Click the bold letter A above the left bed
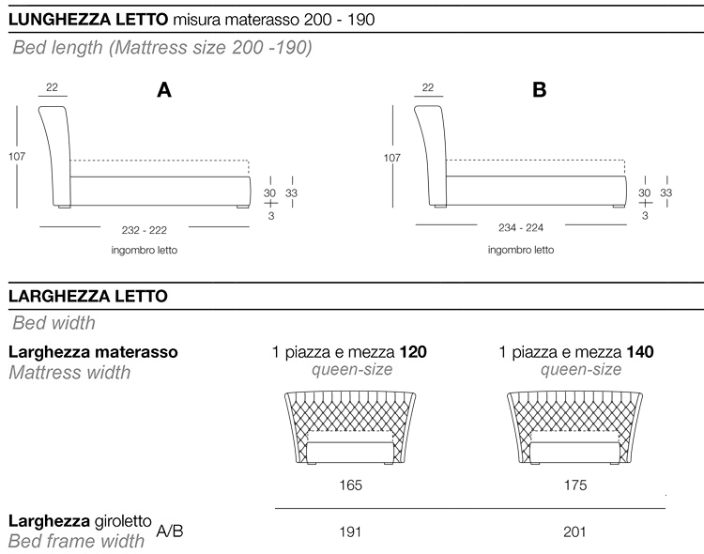tap(164, 91)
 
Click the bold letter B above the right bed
tap(539, 91)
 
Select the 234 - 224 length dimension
tap(520, 227)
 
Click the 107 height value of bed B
tap(391, 157)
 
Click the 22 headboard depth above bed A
tap(52, 88)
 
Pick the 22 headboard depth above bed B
tap(428, 88)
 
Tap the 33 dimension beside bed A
tap(291, 192)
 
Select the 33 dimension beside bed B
tap(666, 192)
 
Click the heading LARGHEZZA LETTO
tap(87, 297)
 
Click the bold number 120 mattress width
tap(414, 353)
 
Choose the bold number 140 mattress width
tap(642, 353)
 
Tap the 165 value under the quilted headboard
tap(350, 485)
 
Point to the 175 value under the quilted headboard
tap(575, 485)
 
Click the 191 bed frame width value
tap(350, 531)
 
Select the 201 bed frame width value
tap(575, 531)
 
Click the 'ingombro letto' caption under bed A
tap(145, 251)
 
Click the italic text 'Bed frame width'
tap(76, 541)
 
